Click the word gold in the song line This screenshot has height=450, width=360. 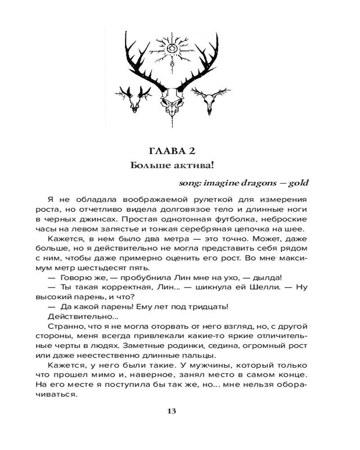click(x=299, y=183)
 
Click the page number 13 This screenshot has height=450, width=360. click(x=171, y=410)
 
